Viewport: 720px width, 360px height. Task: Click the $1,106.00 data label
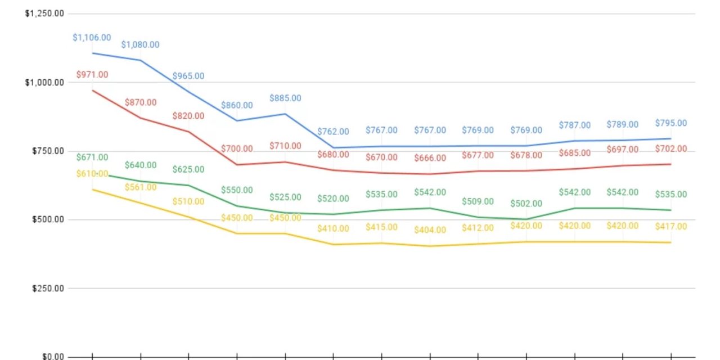pyautogui.click(x=92, y=38)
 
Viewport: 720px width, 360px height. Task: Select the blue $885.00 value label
pyautogui.click(x=285, y=98)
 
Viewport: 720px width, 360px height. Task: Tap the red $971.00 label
pyautogui.click(x=92, y=74)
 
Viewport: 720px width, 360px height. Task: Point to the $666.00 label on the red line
pyautogui.click(x=430, y=158)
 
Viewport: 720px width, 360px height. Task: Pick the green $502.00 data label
pyautogui.click(x=526, y=204)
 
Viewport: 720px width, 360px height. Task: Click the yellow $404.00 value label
pyautogui.click(x=430, y=229)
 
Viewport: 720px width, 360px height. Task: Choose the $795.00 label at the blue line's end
pyautogui.click(x=670, y=123)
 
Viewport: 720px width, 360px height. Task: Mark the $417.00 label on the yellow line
pyautogui.click(x=670, y=227)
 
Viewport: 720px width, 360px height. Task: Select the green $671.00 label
pyautogui.click(x=92, y=157)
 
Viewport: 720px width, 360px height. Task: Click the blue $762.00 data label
pyautogui.click(x=333, y=132)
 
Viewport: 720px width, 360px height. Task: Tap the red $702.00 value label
pyautogui.click(x=670, y=149)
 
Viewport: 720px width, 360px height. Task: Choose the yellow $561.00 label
pyautogui.click(x=141, y=187)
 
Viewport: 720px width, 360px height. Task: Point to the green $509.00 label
pyautogui.click(x=478, y=201)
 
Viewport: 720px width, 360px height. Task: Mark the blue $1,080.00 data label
pyautogui.click(x=141, y=44)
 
